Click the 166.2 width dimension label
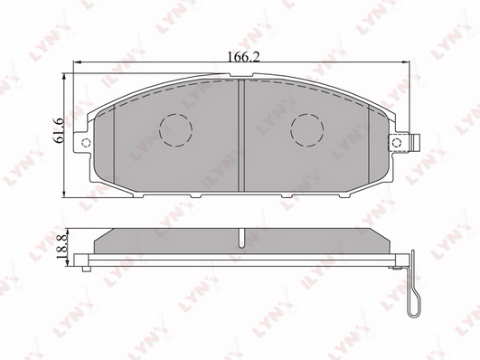244,57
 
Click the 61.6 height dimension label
58,130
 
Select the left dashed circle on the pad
175,130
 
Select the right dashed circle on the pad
307,130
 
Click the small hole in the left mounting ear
86,142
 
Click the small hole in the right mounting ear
397,142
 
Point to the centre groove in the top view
241,135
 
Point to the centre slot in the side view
242,238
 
